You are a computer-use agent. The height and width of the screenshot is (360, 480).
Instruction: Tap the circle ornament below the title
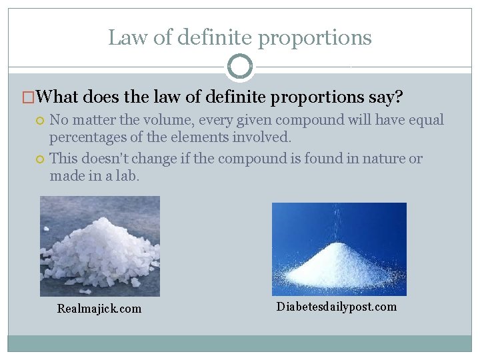click(x=240, y=67)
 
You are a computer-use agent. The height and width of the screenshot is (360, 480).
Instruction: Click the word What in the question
click(x=59, y=97)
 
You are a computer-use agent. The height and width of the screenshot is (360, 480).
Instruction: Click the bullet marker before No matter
click(x=41, y=121)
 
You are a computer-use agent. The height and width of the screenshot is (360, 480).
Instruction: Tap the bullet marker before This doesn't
click(x=41, y=159)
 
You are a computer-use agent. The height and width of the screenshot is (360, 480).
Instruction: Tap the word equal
click(x=427, y=121)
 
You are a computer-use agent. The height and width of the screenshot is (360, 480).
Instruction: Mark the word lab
click(x=127, y=176)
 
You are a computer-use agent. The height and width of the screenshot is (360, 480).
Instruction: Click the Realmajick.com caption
click(x=99, y=309)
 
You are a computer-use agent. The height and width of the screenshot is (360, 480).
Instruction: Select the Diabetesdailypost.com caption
click(x=336, y=307)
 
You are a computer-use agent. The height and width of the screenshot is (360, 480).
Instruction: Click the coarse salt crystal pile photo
click(x=100, y=246)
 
